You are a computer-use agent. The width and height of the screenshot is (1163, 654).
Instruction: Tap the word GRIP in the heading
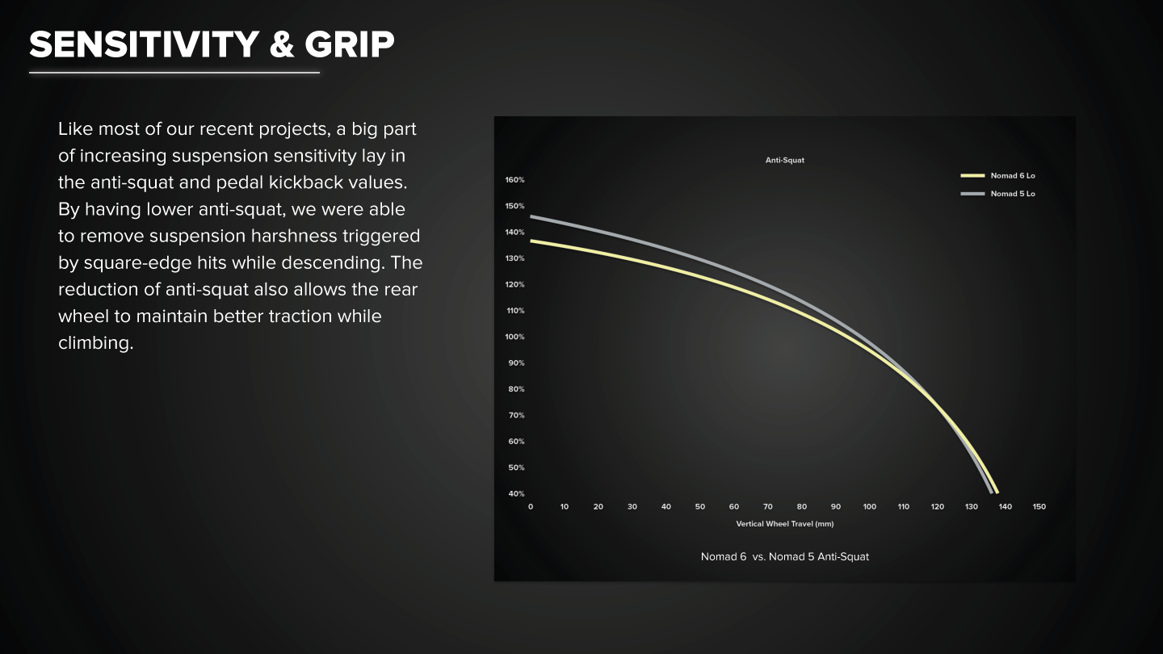point(350,44)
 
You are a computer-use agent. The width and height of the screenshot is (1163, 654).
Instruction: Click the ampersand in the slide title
point(282,44)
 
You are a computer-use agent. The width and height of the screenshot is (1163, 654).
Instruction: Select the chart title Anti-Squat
point(784,161)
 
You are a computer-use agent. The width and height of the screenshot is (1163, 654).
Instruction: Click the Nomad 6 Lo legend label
point(1013,175)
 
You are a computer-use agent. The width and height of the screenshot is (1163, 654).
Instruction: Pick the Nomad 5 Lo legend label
point(1013,194)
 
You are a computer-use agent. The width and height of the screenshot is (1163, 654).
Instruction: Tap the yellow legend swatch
point(972,175)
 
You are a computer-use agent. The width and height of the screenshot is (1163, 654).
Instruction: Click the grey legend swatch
point(972,194)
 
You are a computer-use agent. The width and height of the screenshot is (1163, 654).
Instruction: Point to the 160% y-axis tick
point(514,180)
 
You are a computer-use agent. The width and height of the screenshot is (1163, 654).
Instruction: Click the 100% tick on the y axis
point(514,337)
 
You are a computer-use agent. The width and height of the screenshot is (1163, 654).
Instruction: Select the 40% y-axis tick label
point(516,493)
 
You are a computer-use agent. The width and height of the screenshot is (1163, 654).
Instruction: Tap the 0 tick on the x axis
point(530,506)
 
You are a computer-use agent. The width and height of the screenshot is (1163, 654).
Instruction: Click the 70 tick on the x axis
point(768,506)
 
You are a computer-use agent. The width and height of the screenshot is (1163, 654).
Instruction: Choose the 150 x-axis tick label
point(1039,506)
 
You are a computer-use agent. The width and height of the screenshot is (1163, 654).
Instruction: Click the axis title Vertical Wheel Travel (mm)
point(784,524)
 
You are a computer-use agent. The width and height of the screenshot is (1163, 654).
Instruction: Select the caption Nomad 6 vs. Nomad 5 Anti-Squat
point(784,556)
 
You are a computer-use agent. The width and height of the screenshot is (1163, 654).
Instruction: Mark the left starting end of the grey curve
point(531,216)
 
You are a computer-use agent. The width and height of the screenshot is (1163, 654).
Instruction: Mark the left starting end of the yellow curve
point(531,241)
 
